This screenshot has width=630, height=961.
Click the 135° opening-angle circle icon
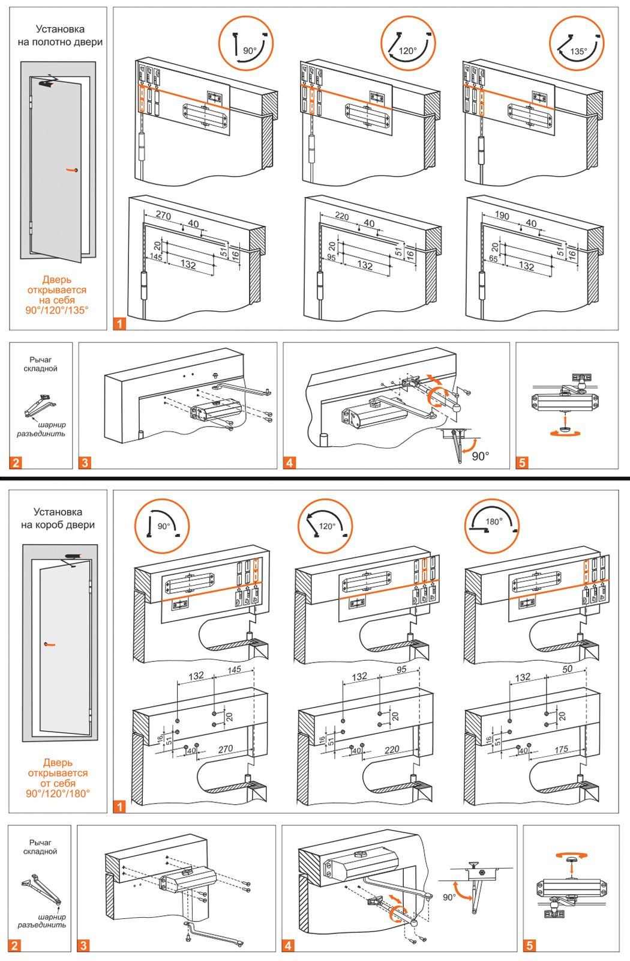(577, 44)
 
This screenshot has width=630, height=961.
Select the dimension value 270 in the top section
(163, 215)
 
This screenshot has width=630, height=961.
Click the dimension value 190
(502, 216)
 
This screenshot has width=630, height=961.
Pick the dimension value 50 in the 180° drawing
(567, 668)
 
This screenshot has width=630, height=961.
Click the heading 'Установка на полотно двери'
(59, 35)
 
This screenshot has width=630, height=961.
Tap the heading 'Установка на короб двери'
(58, 518)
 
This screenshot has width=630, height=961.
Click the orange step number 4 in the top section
(290, 462)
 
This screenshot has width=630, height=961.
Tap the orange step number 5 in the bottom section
(529, 945)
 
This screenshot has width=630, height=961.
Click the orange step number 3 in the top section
(85, 462)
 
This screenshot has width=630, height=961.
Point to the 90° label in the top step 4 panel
(480, 456)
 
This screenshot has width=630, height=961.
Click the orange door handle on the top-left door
(72, 171)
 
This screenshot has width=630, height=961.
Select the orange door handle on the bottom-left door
(49, 644)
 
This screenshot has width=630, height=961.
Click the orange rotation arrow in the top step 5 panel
(564, 432)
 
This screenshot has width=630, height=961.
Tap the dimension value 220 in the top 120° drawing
(341, 216)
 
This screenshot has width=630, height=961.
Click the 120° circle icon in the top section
(408, 44)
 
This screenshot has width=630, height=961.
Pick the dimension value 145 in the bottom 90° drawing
(234, 669)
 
